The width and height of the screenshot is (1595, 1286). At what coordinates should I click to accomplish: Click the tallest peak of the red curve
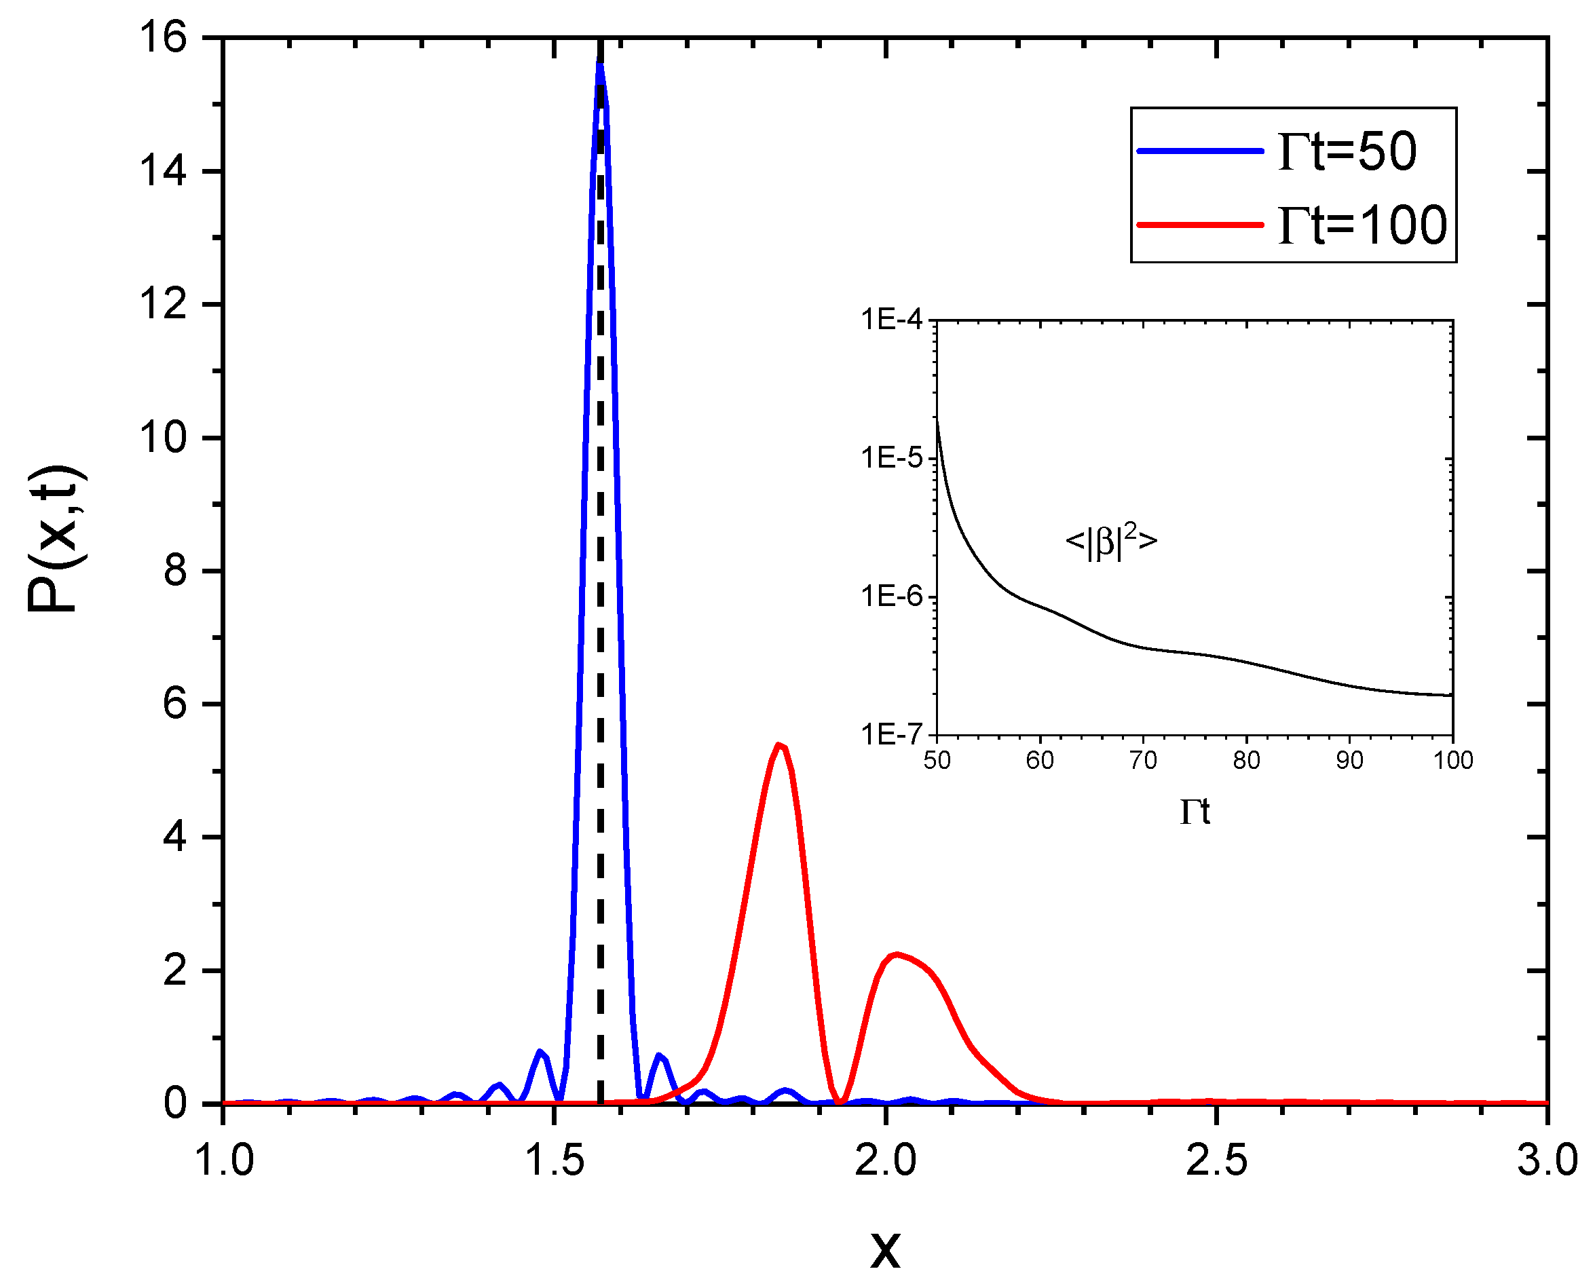(x=778, y=745)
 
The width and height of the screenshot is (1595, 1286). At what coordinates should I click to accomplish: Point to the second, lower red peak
(x=897, y=955)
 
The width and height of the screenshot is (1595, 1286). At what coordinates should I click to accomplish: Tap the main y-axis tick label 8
(x=176, y=571)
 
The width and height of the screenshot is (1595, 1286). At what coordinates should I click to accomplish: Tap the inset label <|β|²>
(x=1110, y=541)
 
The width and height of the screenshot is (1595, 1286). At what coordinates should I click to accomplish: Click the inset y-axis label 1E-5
(x=892, y=459)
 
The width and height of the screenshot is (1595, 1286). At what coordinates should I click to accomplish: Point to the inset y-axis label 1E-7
(x=892, y=734)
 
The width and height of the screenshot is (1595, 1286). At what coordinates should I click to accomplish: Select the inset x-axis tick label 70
(x=1143, y=760)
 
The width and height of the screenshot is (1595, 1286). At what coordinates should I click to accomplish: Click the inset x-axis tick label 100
(x=1452, y=760)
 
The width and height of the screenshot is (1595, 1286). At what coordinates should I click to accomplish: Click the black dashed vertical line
(x=600, y=666)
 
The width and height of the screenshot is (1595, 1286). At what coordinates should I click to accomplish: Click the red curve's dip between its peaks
(x=840, y=1101)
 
